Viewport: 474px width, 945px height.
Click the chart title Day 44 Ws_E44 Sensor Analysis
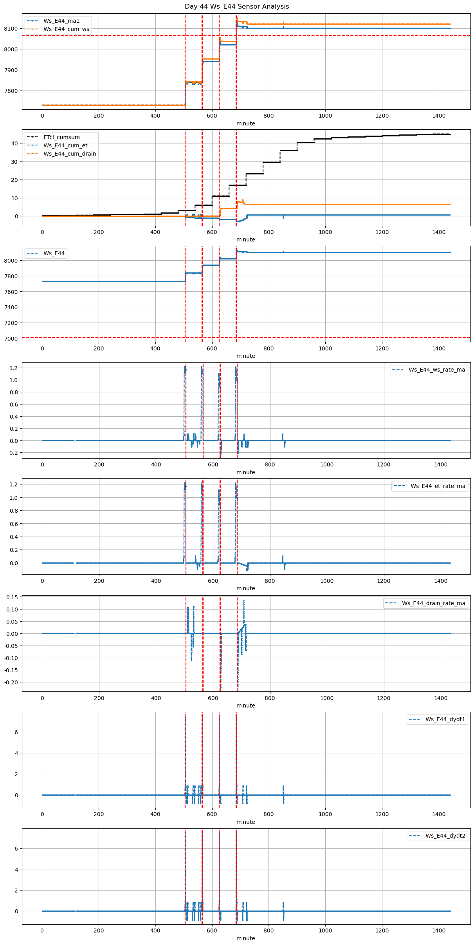tap(237, 6)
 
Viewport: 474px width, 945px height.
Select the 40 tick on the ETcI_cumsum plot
tap(14, 143)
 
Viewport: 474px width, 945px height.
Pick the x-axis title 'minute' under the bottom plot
tap(246, 938)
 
